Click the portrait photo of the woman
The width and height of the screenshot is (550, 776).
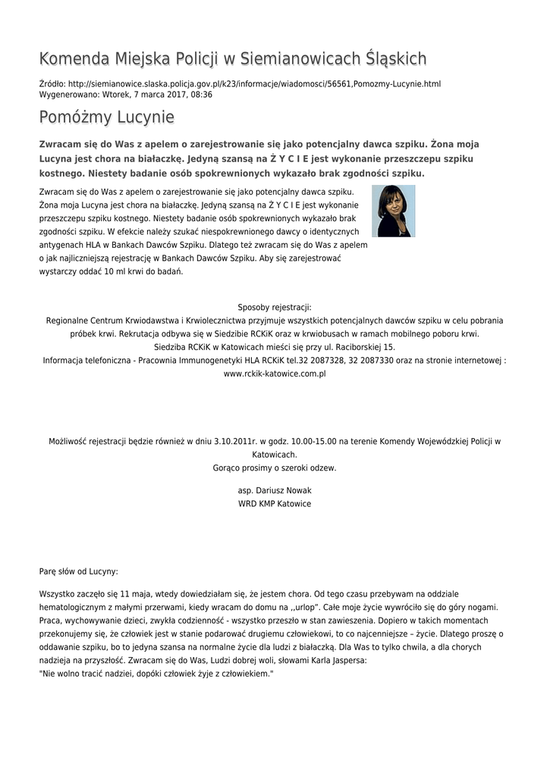[x=393, y=211]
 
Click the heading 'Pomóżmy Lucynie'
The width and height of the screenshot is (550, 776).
[x=106, y=117]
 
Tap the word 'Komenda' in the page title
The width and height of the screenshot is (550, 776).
[x=73, y=58]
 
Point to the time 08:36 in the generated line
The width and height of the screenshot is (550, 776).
[x=202, y=95]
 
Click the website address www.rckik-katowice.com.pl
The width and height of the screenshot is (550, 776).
[x=275, y=374]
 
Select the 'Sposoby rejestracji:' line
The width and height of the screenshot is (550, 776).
[x=275, y=307]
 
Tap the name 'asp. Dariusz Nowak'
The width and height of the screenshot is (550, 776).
[x=275, y=490]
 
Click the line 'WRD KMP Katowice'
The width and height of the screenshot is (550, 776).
[x=275, y=504]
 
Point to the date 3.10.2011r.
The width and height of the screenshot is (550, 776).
[x=234, y=441]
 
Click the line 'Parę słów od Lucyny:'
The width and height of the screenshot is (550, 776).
[x=78, y=571]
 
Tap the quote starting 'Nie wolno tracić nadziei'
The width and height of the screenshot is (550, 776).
[x=156, y=674]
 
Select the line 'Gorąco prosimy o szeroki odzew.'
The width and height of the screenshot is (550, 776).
[x=275, y=468]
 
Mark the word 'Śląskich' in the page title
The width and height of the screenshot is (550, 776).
[x=391, y=58]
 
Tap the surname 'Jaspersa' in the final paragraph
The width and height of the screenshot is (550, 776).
[x=348, y=661]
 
